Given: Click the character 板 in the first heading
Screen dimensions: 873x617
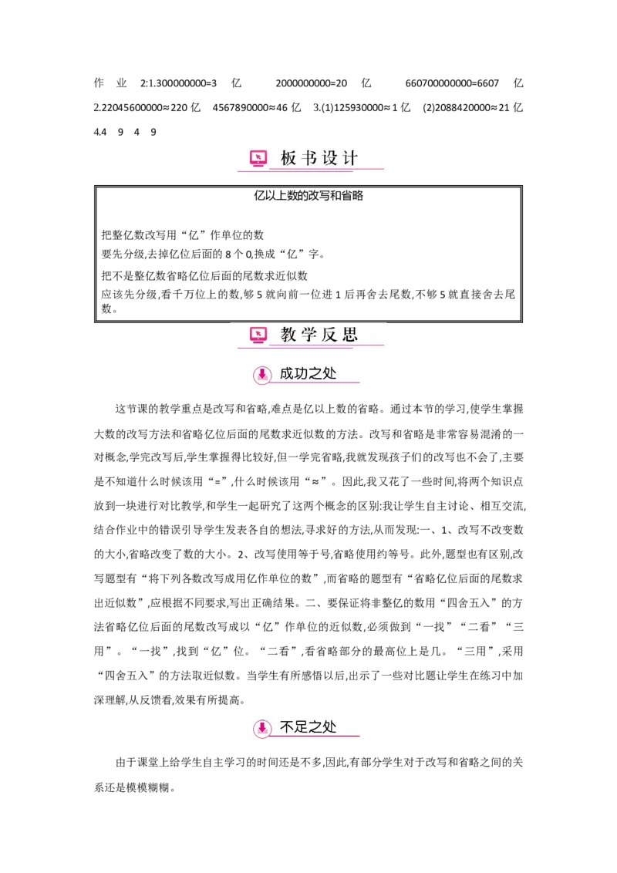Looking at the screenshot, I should [288, 159].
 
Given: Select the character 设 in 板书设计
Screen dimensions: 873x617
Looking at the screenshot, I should [330, 159].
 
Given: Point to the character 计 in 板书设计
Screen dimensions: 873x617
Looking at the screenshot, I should [350, 159].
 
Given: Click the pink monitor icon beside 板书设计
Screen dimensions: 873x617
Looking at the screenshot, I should [258, 159].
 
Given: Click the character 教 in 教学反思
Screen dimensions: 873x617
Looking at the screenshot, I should [288, 335].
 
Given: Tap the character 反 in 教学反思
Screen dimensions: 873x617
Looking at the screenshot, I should [330, 335].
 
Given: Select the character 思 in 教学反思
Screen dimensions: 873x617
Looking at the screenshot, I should [350, 335].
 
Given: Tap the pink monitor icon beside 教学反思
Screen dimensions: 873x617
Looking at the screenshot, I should [258, 335].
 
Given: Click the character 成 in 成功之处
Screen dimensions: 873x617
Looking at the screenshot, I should [287, 374].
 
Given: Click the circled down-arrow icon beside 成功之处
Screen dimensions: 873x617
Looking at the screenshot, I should [262, 375].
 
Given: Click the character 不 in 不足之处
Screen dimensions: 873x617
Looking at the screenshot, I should [287, 727].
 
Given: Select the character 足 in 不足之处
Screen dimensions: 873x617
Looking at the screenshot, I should [302, 727].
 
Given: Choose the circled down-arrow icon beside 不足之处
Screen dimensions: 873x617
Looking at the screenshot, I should [262, 728].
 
